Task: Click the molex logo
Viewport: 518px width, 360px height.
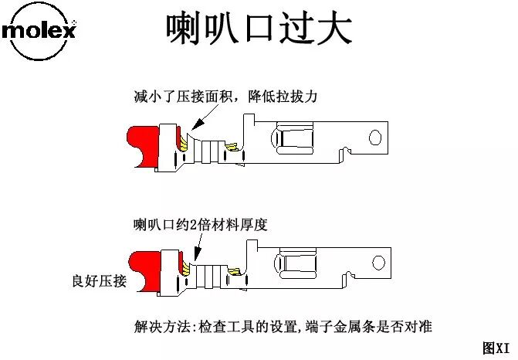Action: (39, 32)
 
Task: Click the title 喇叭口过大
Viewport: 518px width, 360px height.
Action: (259, 29)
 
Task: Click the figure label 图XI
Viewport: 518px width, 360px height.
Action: (496, 348)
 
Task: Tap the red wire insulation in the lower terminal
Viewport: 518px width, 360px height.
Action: (144, 268)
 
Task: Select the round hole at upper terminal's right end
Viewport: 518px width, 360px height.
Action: (376, 138)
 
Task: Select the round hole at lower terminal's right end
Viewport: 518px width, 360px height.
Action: (378, 262)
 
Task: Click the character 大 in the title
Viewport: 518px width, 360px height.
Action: (333, 29)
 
